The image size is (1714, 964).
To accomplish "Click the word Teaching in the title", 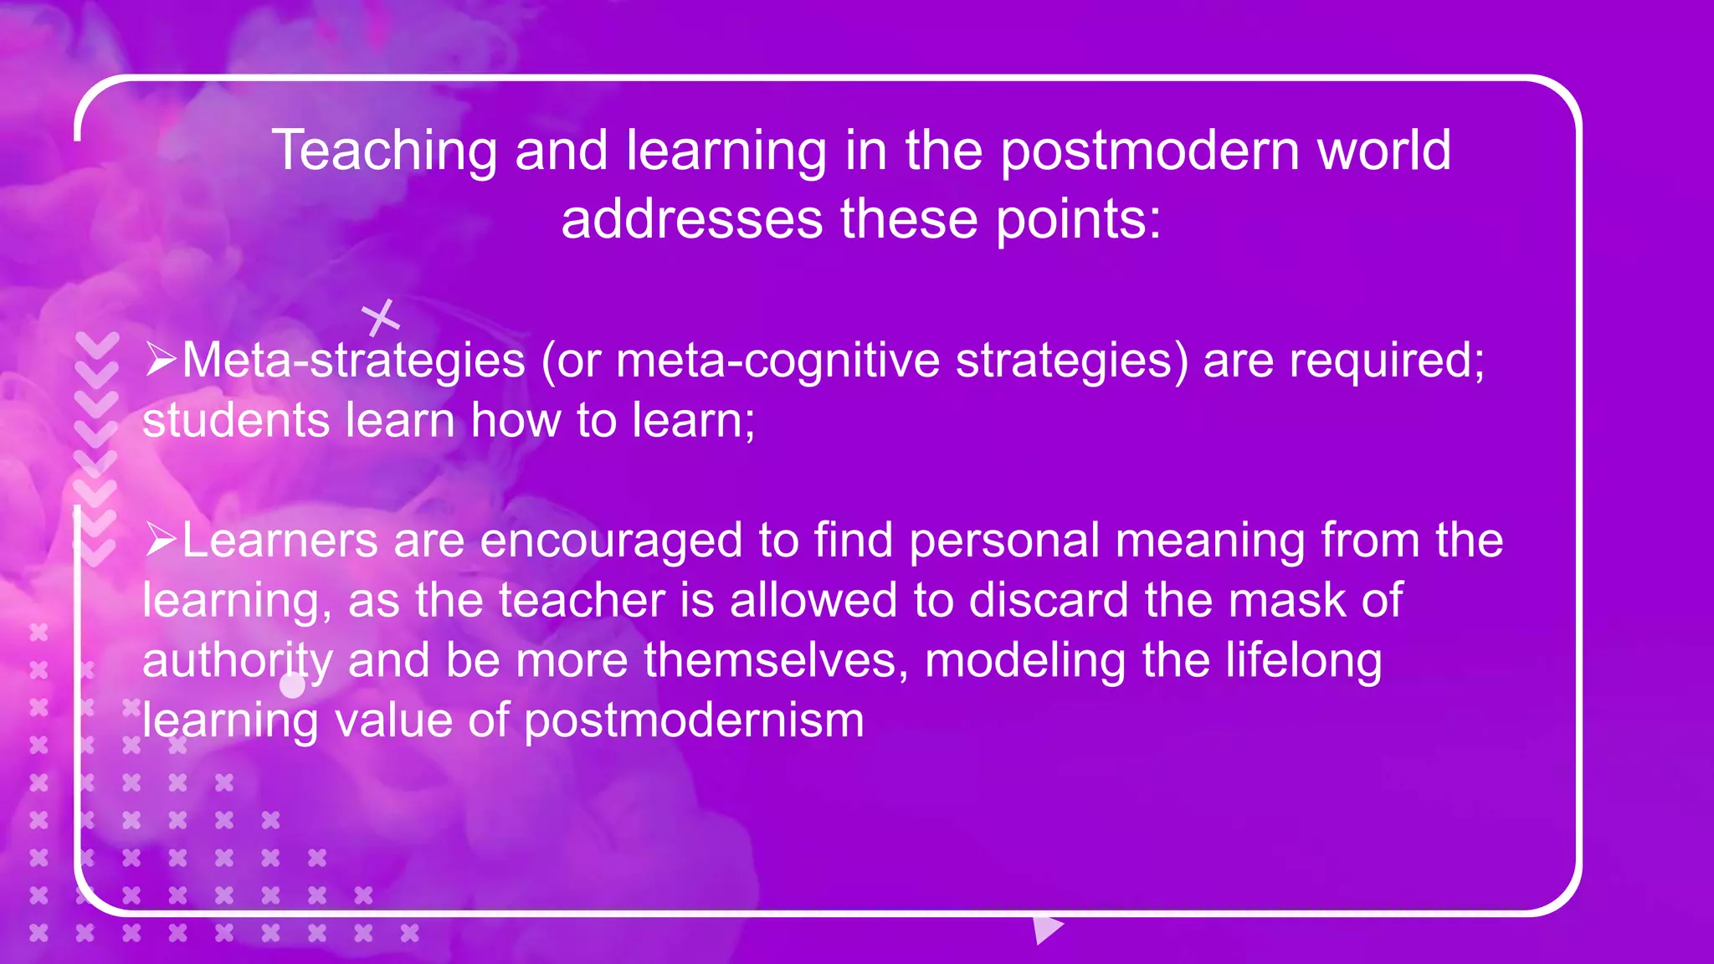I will click(384, 151).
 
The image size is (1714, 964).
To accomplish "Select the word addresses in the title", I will click(692, 220).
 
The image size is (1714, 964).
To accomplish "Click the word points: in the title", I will click(1079, 220).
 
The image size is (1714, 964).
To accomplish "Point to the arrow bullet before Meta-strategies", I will click(160, 360).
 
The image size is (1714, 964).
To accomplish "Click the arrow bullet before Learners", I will click(160, 540).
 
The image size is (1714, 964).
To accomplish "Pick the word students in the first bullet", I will click(236, 420).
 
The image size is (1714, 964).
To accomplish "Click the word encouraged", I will click(611, 541).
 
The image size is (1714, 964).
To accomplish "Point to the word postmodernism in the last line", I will click(694, 720).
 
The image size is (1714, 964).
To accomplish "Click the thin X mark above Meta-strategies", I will click(381, 318).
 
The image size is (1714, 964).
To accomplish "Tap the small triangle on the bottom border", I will click(1046, 928).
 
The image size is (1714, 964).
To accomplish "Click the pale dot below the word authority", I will click(292, 686).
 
